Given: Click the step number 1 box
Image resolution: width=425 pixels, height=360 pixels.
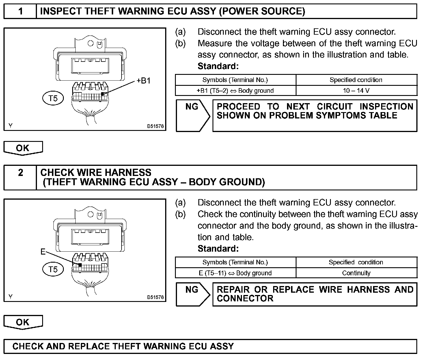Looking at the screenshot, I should pos(20,11).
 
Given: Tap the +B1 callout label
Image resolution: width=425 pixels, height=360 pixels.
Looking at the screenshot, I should pos(143,81).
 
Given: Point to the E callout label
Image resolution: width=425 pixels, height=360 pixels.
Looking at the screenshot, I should pos(43,252).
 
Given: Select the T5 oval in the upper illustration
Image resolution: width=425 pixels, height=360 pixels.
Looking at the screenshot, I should pos(53,98).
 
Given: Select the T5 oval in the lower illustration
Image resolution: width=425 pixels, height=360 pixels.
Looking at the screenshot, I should pos(53,269).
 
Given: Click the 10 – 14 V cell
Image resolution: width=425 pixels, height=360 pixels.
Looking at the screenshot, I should pos(356,90).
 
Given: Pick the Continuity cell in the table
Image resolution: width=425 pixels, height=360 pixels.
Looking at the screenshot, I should pos(356,273).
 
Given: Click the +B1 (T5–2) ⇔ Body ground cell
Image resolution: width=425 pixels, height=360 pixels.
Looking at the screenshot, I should pos(235,90).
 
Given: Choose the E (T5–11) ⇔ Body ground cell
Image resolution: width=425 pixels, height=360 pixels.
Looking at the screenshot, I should pos(235,273).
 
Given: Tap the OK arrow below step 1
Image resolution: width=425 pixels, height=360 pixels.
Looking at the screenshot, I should pos(23,148).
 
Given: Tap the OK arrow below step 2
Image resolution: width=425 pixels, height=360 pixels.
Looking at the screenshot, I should pos(23,322).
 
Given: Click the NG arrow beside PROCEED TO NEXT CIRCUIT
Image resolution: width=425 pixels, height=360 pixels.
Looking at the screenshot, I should pos(193,115).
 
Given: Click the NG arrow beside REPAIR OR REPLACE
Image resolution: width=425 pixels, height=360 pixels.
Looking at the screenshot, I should pos(193,294).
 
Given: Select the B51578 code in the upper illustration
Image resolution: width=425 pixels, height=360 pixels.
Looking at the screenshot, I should pos(155,126).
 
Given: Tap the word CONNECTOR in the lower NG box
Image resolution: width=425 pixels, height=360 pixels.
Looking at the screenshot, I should pos(245,298).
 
